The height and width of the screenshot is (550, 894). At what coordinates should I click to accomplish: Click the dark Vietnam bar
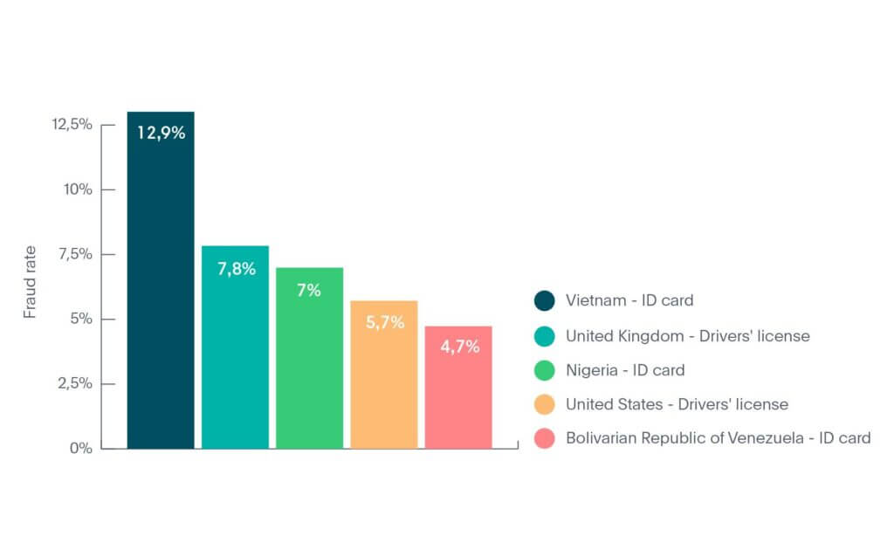tap(161, 288)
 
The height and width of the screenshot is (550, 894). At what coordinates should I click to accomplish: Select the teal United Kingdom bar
tap(235, 358)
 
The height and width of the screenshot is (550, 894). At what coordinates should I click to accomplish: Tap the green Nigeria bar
tap(309, 367)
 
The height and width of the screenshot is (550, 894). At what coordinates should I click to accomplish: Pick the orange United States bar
tap(383, 384)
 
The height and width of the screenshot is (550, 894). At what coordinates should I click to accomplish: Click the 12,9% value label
tap(161, 134)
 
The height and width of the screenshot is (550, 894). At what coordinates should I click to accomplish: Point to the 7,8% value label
tap(236, 269)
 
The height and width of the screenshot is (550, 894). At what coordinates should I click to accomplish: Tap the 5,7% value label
tap(384, 323)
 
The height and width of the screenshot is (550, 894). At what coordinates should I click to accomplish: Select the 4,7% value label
tap(459, 347)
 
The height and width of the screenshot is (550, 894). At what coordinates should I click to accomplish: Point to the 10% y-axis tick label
tap(77, 189)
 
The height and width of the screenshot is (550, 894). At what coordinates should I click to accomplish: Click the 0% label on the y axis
tap(81, 448)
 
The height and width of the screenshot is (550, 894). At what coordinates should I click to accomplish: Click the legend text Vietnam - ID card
tap(629, 301)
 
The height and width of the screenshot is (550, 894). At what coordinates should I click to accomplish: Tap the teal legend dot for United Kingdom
tap(544, 336)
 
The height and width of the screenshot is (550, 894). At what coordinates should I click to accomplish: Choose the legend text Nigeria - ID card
tap(624, 370)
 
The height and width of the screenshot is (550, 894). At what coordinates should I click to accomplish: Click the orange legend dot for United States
tap(544, 405)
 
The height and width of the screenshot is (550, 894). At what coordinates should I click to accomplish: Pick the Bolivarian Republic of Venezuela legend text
tap(718, 438)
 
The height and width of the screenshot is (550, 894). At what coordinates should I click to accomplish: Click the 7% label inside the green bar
tap(309, 291)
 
